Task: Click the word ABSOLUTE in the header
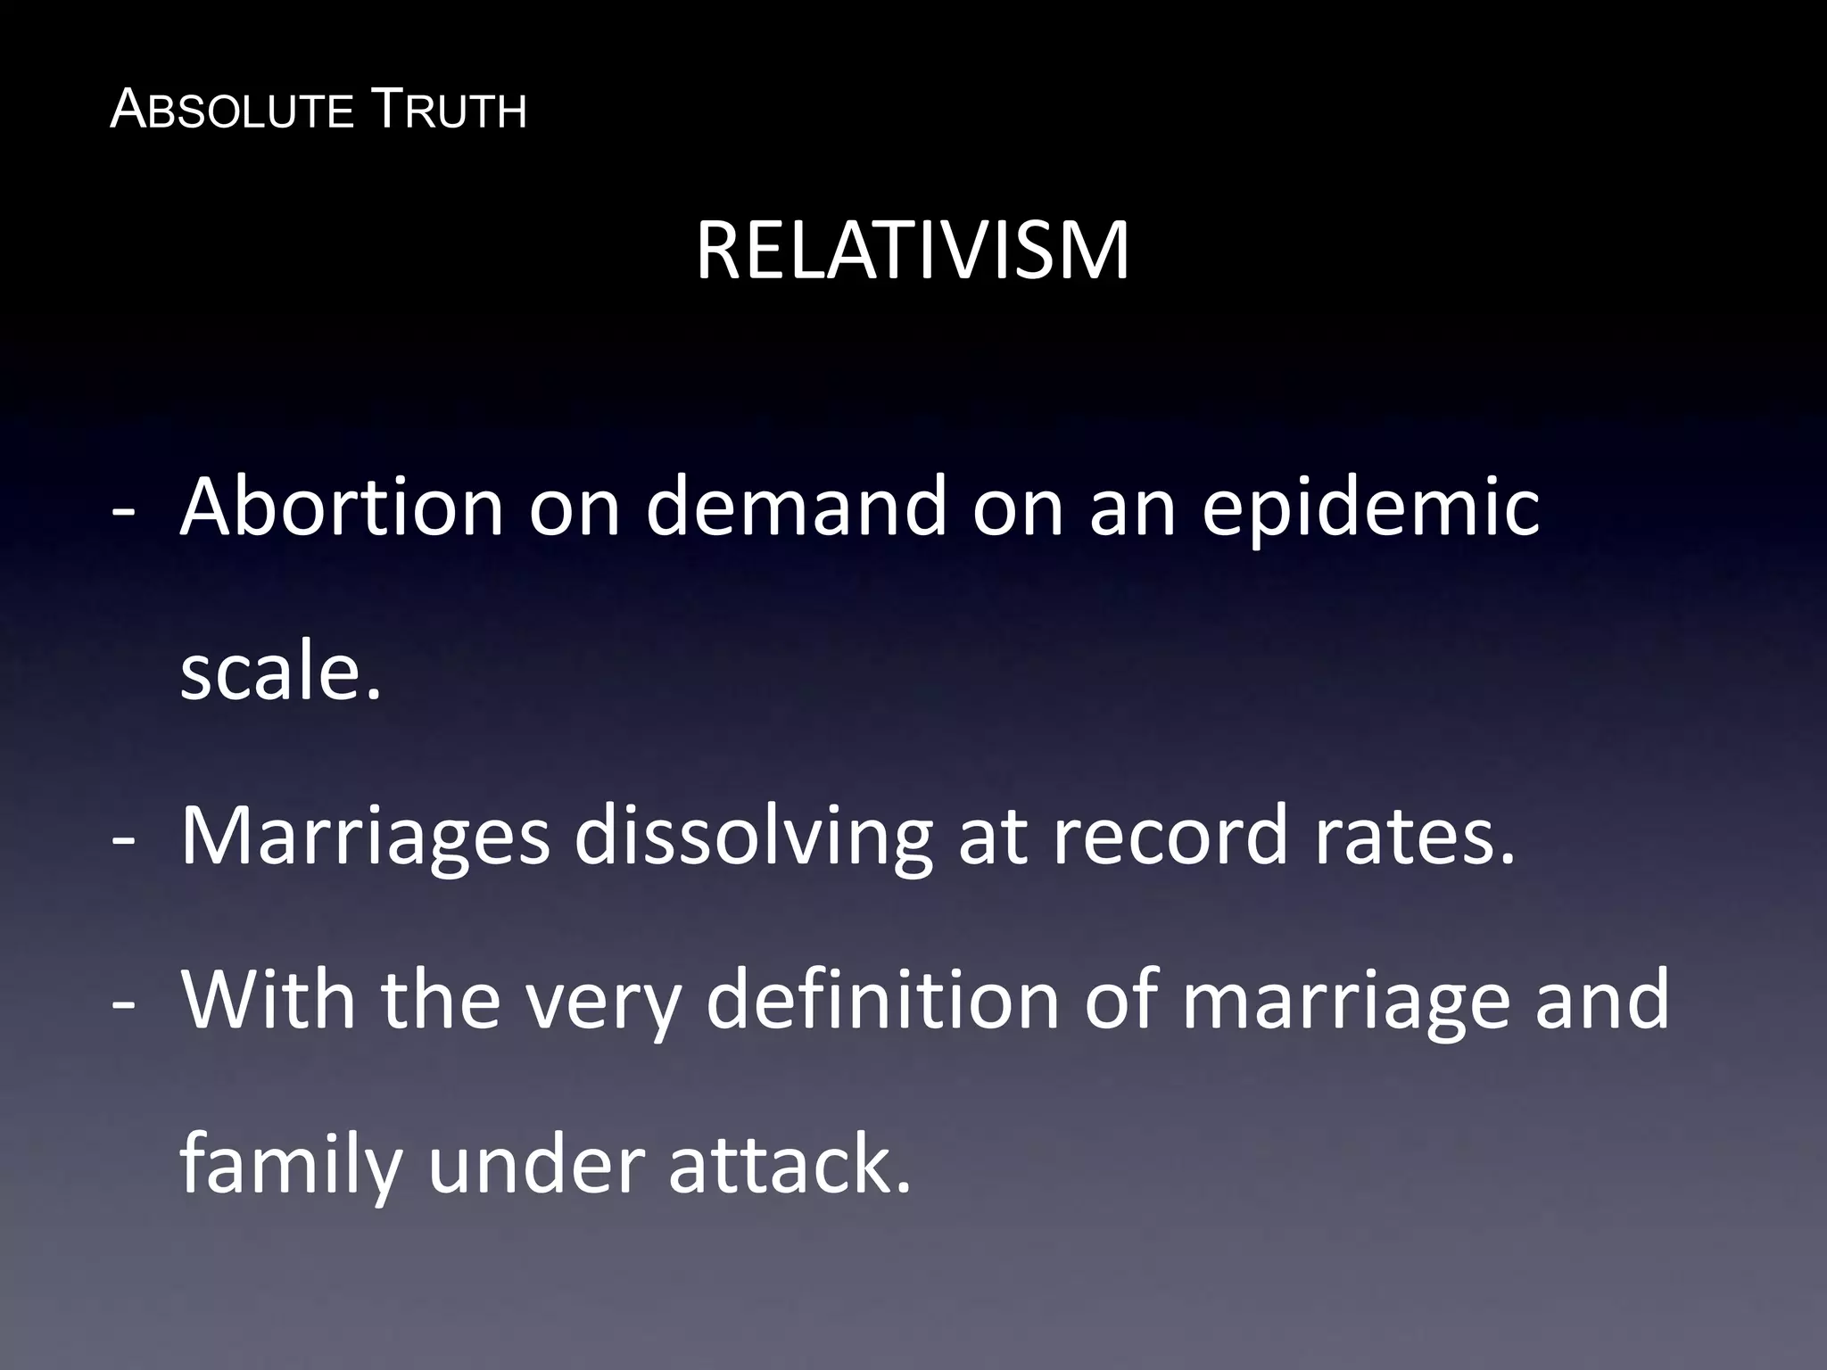pyautogui.click(x=232, y=111)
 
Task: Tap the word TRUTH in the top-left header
pyautogui.click(x=448, y=111)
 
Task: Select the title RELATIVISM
pyautogui.click(x=913, y=252)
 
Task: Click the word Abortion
pyautogui.click(x=343, y=507)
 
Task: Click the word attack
pyautogui.click(x=790, y=1165)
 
